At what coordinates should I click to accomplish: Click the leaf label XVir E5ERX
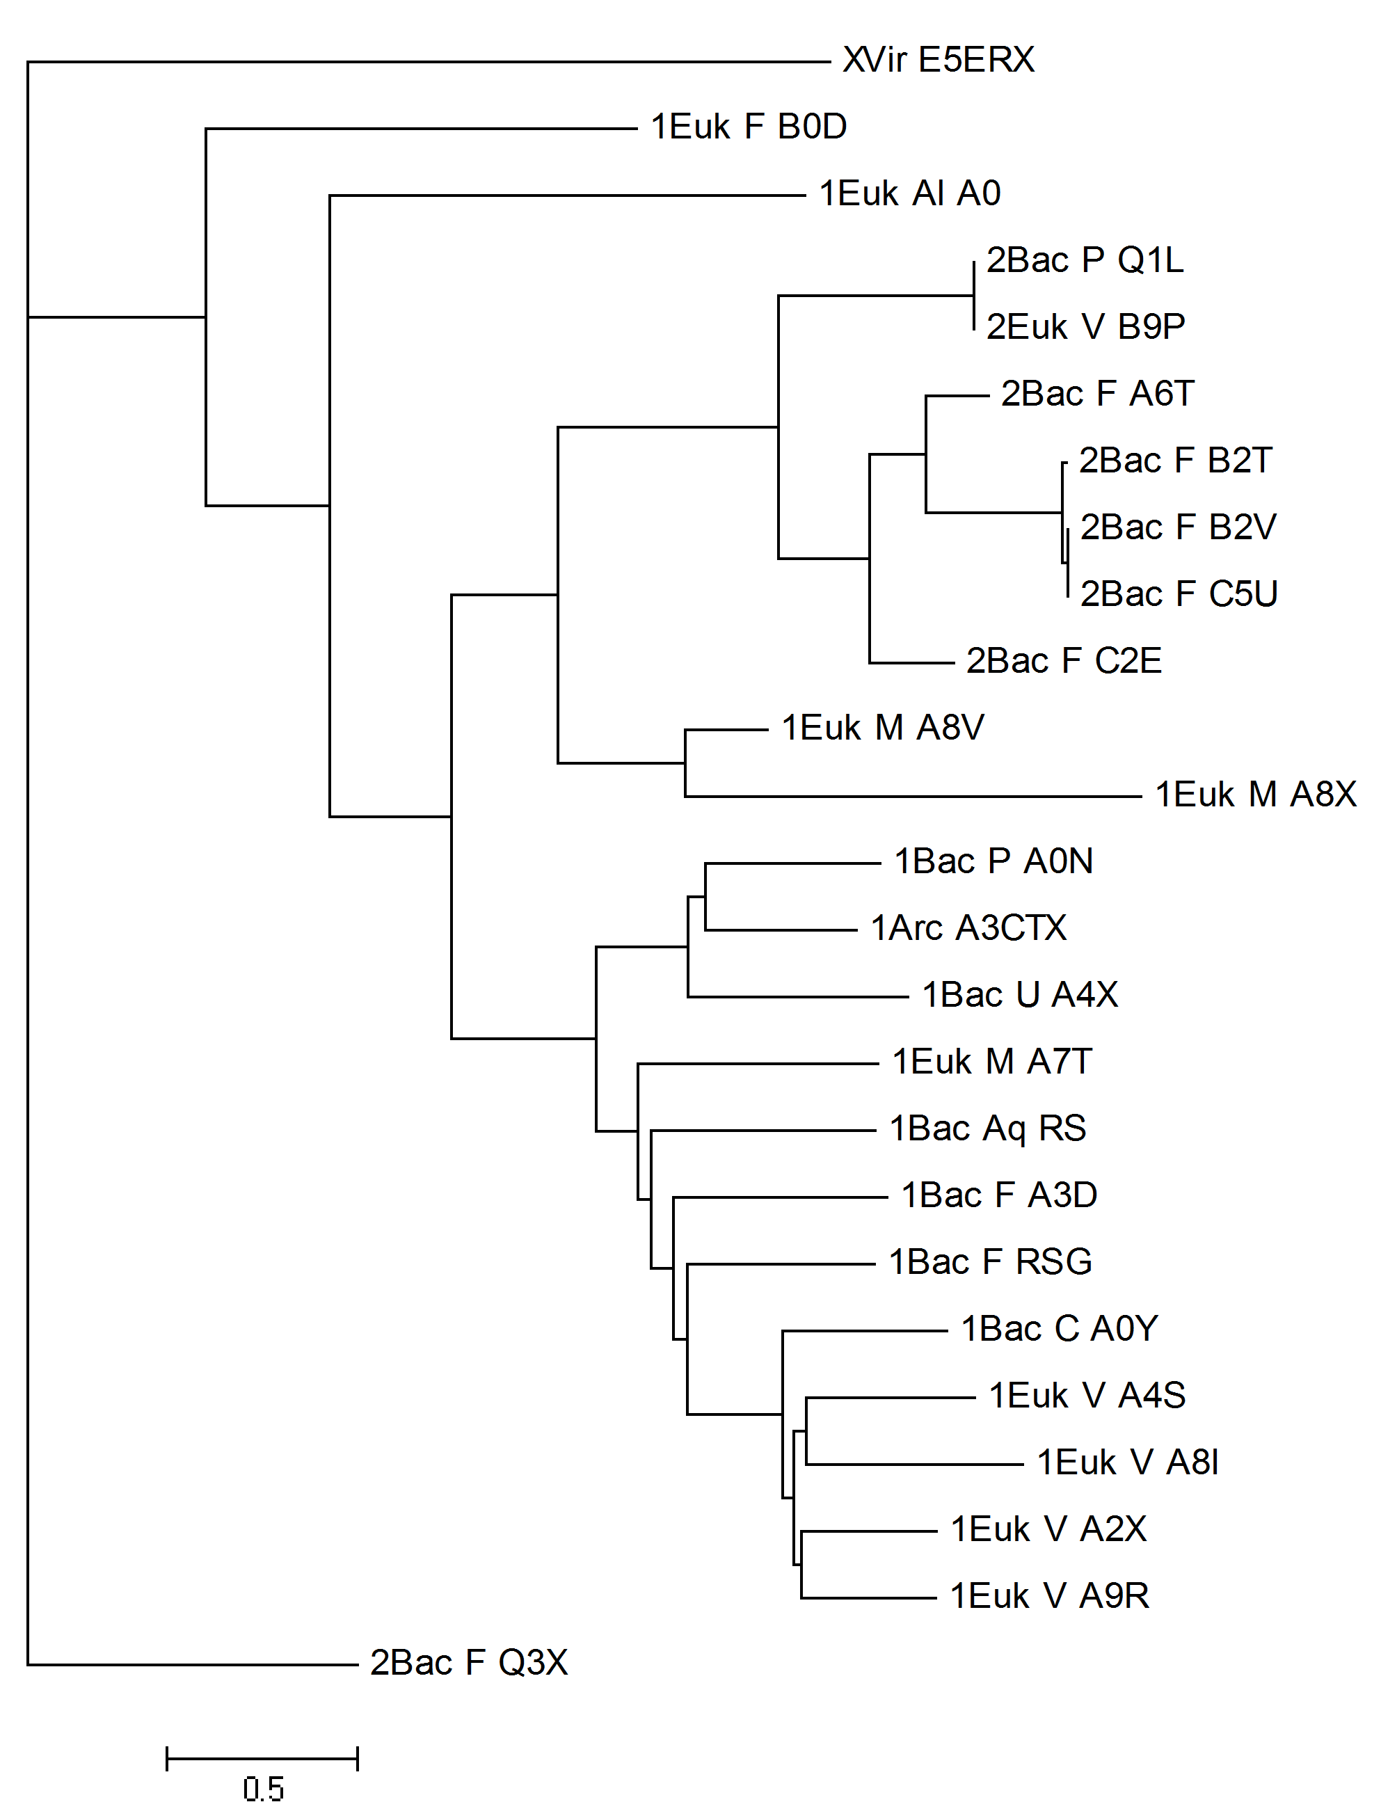[x=939, y=60]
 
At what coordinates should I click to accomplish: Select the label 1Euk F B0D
[x=749, y=127]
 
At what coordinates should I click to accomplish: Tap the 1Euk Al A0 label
[x=910, y=194]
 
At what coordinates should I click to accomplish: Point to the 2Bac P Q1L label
[x=1085, y=260]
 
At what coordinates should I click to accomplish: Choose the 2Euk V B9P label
[x=1086, y=327]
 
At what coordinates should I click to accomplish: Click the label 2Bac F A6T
[x=1097, y=394]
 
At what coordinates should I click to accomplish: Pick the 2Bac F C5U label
[x=1179, y=594]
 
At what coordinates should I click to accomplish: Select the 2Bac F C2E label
[x=1064, y=661]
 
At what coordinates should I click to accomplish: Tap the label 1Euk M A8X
[x=1256, y=795]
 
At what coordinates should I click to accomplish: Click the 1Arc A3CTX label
[x=968, y=928]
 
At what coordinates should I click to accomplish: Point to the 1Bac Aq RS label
[x=988, y=1129]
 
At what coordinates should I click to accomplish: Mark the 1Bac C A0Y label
[x=1060, y=1329]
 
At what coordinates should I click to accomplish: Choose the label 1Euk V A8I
[x=1128, y=1462]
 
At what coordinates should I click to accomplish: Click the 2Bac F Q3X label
[x=468, y=1663]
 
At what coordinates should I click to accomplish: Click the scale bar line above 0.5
[x=262, y=1760]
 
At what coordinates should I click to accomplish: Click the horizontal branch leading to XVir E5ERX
[x=429, y=62]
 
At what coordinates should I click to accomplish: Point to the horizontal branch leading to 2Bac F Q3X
[x=193, y=1665]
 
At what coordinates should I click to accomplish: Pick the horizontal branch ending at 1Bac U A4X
[x=798, y=997]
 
